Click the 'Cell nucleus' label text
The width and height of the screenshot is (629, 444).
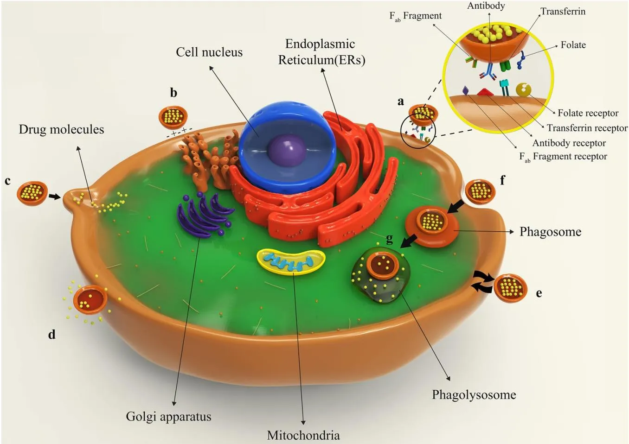click(209, 52)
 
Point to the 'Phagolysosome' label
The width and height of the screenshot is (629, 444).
click(474, 395)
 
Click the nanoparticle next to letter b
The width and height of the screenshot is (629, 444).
click(173, 117)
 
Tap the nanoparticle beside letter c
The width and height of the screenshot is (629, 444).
click(32, 193)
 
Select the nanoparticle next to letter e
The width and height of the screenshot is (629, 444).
click(510, 288)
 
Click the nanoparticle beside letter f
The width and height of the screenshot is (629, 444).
click(480, 191)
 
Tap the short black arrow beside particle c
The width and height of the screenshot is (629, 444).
click(55, 197)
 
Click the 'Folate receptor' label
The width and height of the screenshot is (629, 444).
click(588, 113)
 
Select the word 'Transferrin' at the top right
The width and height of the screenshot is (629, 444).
click(563, 12)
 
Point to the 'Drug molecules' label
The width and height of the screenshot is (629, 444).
click(61, 129)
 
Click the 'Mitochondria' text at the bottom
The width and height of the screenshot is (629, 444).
click(303, 435)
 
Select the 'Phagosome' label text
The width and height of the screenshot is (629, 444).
click(550, 232)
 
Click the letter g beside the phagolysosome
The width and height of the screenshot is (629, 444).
click(389, 239)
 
